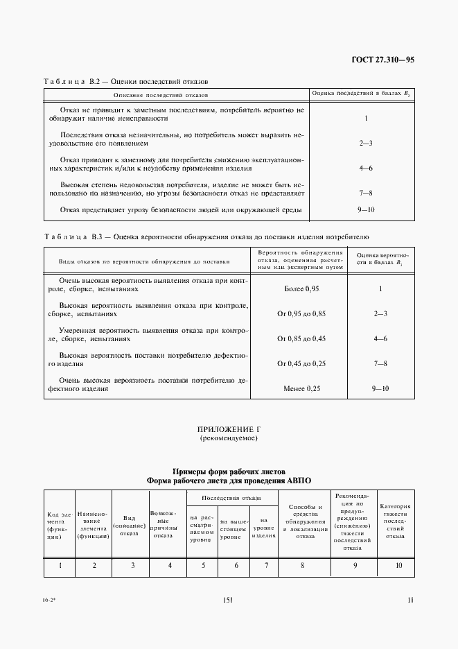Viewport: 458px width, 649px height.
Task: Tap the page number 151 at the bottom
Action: click(x=229, y=600)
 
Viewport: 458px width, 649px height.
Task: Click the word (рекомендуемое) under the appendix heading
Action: click(x=229, y=439)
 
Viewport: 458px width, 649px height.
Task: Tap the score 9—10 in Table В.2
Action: click(x=366, y=210)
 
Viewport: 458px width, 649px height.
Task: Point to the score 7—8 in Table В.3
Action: click(x=380, y=363)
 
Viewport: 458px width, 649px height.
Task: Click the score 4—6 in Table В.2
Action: click(x=366, y=168)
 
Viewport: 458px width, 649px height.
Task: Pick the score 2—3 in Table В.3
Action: click(x=380, y=313)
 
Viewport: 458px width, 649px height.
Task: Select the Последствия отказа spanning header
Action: click(x=231, y=498)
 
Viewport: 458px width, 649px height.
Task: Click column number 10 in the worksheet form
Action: click(x=398, y=565)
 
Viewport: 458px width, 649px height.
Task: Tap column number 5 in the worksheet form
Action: click(x=203, y=565)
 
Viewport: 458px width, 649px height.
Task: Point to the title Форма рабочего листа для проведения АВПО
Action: click(x=229, y=480)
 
